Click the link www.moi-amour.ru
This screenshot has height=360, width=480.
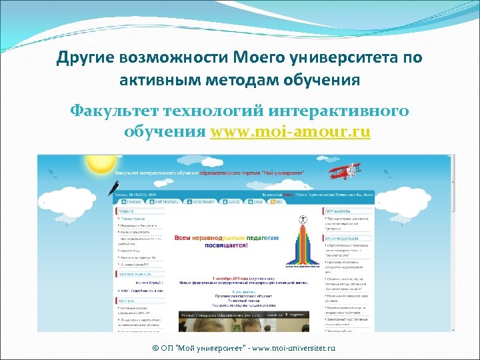[x=290, y=131]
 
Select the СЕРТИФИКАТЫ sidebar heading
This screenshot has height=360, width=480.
[x=340, y=209]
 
